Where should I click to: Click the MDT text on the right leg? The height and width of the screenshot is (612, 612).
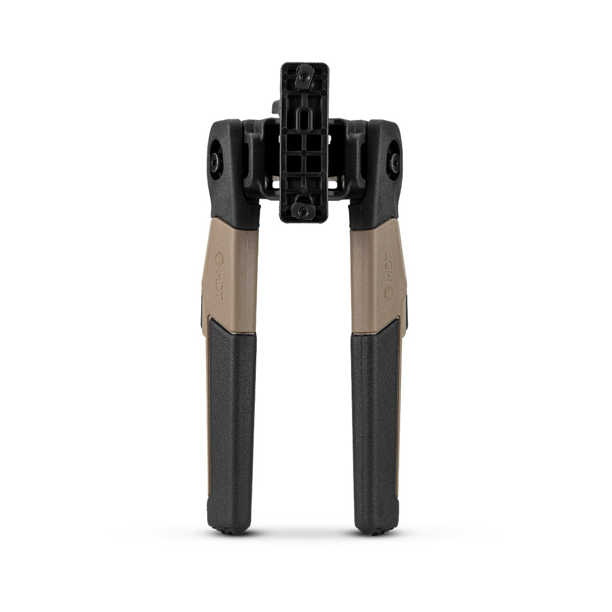pos(389,267)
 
